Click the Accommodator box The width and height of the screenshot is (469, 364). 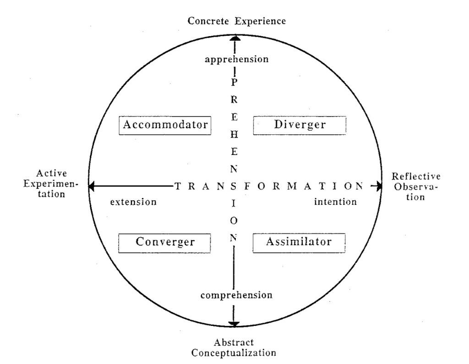[165, 125]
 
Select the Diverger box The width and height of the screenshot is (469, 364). [300, 125]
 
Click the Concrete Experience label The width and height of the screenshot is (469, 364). [237, 21]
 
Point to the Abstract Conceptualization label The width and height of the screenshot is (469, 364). [234, 348]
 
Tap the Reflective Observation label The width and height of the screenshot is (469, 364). [416, 187]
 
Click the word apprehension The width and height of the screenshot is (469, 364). [237, 59]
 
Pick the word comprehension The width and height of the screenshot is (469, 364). [237, 295]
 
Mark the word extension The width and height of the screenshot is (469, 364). [133, 202]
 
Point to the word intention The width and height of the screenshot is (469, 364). [335, 202]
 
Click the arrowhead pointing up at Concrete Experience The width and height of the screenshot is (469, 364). [234, 38]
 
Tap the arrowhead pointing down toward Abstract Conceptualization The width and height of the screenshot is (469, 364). [234, 324]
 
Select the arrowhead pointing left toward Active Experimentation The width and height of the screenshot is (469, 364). [92, 186]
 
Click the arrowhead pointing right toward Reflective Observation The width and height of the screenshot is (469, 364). [378, 186]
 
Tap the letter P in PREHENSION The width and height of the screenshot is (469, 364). [234, 83]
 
